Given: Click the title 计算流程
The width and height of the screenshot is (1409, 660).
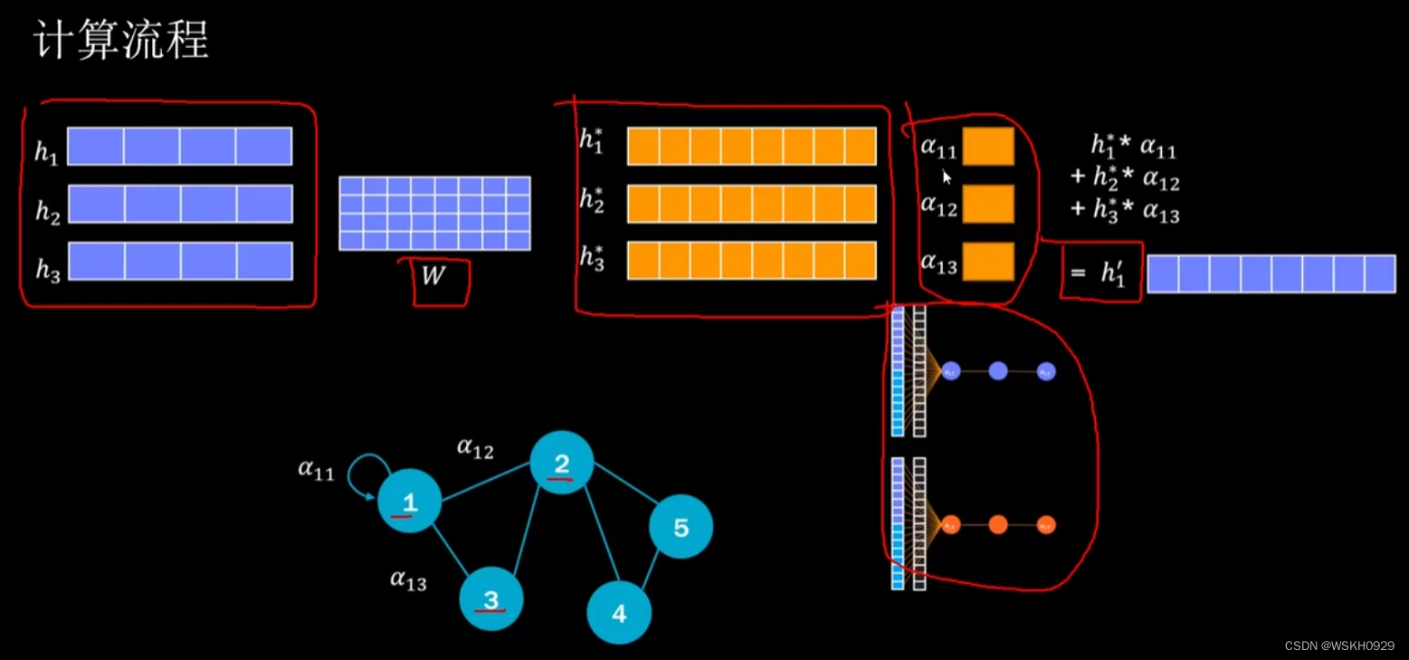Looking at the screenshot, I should tap(121, 42).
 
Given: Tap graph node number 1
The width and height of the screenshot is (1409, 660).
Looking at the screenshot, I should tap(410, 501).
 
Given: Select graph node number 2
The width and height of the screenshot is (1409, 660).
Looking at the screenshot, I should tap(561, 463).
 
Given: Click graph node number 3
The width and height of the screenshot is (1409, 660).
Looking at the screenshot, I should tap(491, 598).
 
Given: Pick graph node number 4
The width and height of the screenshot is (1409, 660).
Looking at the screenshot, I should tap(619, 613).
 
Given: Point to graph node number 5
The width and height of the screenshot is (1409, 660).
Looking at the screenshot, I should tap(681, 526).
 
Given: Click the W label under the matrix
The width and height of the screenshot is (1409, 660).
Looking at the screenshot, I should tap(434, 276).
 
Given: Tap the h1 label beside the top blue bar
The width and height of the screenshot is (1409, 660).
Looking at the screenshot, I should tap(46, 151).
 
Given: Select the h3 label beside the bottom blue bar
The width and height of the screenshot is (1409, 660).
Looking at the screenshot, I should tap(47, 269).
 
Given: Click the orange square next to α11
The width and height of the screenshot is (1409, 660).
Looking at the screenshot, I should tap(988, 147).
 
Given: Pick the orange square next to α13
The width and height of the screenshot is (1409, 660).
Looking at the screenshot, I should tap(988, 262).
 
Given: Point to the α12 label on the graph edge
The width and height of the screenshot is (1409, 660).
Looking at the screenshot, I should tap(475, 447).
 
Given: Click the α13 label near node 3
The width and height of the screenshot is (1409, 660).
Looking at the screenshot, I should tap(408, 579).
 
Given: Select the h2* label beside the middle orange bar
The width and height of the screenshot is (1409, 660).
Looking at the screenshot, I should tap(593, 201).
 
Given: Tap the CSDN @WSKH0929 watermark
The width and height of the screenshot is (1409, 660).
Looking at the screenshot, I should tap(1339, 646).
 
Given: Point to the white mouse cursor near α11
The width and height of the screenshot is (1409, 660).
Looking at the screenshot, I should tap(947, 177).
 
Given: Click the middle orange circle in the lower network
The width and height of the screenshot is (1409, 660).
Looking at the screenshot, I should tap(998, 525).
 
